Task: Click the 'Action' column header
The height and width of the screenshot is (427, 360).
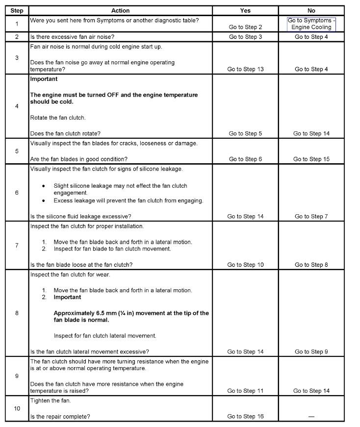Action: (x=120, y=10)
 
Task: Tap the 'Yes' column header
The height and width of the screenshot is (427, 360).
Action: (x=245, y=10)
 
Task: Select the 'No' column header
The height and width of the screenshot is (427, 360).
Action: (x=311, y=10)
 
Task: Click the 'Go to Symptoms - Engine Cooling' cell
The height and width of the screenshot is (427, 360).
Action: (x=311, y=24)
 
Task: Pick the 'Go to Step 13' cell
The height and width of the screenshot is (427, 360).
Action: (x=245, y=69)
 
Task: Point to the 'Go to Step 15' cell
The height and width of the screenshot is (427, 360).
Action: (x=311, y=159)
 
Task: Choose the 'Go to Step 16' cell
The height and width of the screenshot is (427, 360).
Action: (x=245, y=416)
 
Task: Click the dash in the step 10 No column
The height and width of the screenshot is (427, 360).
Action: (x=311, y=416)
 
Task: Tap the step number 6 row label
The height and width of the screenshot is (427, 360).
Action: (x=17, y=193)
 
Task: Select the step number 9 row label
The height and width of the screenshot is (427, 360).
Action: (x=17, y=376)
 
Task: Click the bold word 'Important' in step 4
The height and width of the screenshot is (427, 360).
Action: (x=44, y=79)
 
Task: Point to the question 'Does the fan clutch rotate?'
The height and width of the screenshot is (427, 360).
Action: (x=65, y=133)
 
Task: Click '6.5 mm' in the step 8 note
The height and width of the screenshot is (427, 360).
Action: (x=101, y=313)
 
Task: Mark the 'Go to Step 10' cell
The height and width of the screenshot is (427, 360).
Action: (x=245, y=265)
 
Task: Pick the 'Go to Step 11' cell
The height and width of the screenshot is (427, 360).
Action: (x=245, y=391)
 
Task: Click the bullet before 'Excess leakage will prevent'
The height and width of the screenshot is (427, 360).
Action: (x=44, y=201)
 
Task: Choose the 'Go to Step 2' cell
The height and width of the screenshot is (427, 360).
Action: (x=245, y=27)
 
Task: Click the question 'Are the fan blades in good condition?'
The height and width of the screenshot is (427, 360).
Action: (x=78, y=159)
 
